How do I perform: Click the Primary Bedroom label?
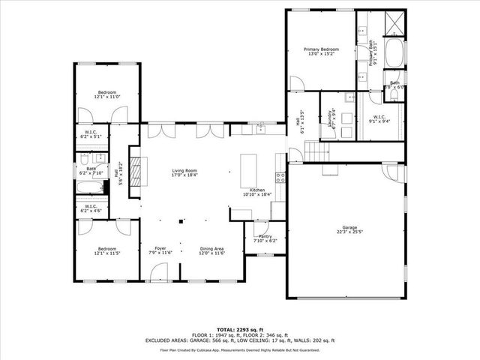pyautogui.click(x=320, y=52)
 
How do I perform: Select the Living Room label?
pyautogui.click(x=184, y=172)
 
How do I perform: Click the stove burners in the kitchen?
pyautogui.click(x=280, y=178)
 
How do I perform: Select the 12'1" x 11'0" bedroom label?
pyautogui.click(x=106, y=94)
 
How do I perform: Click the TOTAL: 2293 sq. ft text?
pyautogui.click(x=240, y=330)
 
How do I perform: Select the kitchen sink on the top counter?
pyautogui.click(x=259, y=130)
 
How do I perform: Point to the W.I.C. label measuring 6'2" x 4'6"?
pyautogui.click(x=90, y=208)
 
